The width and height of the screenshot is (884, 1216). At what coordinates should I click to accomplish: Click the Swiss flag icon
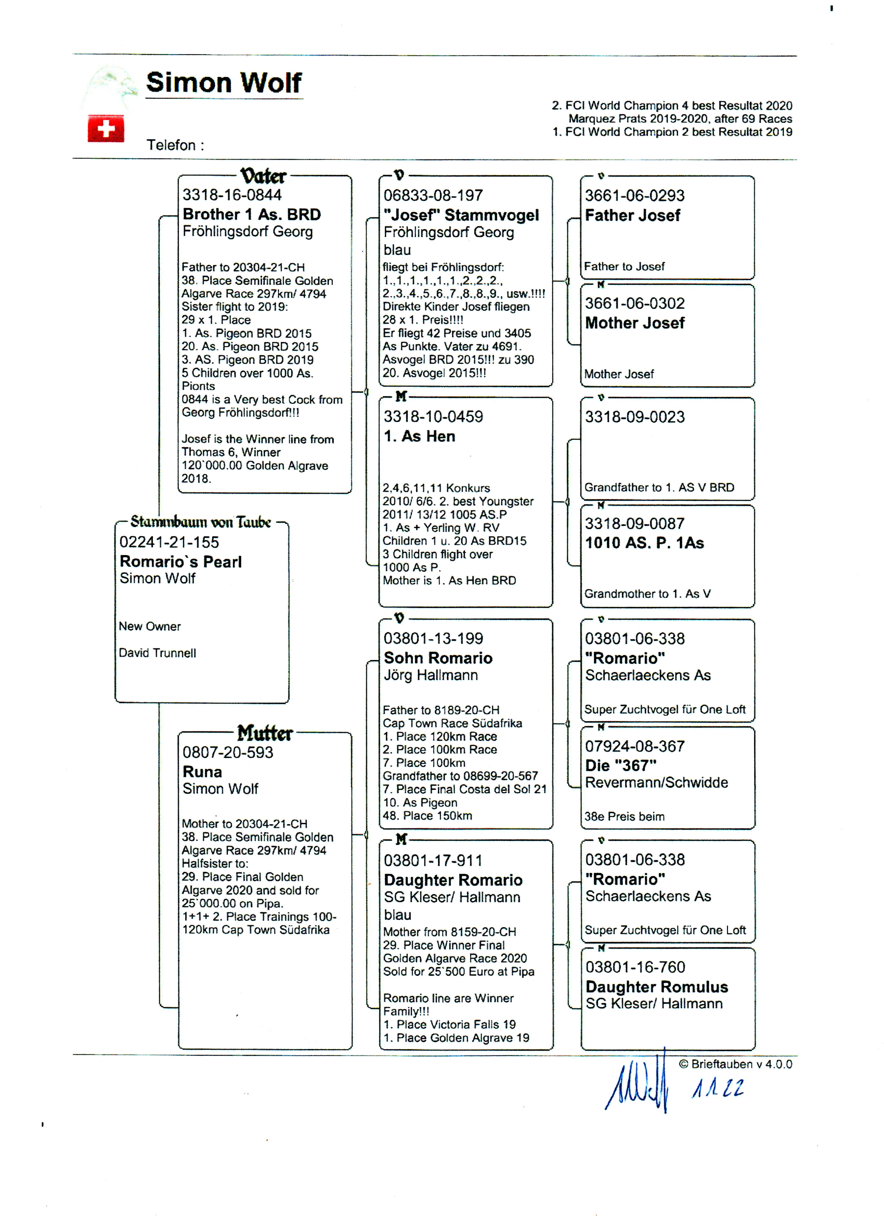coord(106,129)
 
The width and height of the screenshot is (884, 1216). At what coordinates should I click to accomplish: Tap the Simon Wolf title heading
coord(224,83)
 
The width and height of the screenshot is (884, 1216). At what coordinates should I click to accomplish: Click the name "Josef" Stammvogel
coord(461,215)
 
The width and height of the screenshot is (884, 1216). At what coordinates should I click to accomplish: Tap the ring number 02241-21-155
coord(169,542)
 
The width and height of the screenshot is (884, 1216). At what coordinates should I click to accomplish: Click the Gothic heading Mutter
coord(265,733)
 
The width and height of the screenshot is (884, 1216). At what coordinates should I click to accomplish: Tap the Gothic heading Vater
coord(263,176)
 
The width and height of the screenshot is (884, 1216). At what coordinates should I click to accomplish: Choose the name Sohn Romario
coord(438,658)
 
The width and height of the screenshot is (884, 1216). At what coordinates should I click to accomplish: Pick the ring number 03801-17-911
coord(433,861)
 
